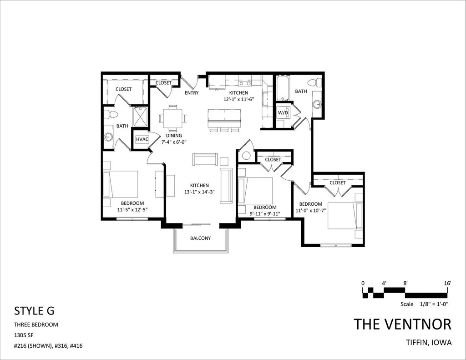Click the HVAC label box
pos(142,139)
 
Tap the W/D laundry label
pos(283,113)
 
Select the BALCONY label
pos(200,238)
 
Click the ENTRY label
pos(192,93)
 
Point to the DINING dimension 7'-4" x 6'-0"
pos(174,142)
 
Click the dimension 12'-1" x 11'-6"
pos(238,99)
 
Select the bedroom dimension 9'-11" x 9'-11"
pos(265,213)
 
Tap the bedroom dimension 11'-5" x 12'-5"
pos(132,209)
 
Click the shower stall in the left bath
pos(140,117)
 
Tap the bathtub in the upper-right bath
pos(282,89)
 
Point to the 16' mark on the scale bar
pos(448,283)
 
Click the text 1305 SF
pos(24,335)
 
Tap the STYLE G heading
pos(34,311)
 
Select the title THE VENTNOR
pos(403,324)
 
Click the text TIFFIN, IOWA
pos(429,342)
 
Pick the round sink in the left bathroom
pos(107,137)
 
